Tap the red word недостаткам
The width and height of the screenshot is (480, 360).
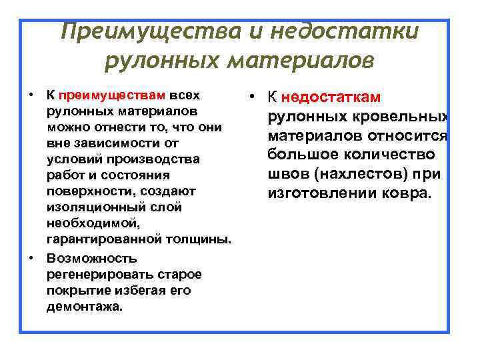tap(331, 97)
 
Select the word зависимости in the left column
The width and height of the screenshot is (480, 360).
tap(106, 143)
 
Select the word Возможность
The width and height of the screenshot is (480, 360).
tap(91, 258)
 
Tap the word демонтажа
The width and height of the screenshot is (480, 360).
tap(85, 306)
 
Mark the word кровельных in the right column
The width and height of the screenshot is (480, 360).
tap(403, 118)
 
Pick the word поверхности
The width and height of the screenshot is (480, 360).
tap(89, 191)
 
